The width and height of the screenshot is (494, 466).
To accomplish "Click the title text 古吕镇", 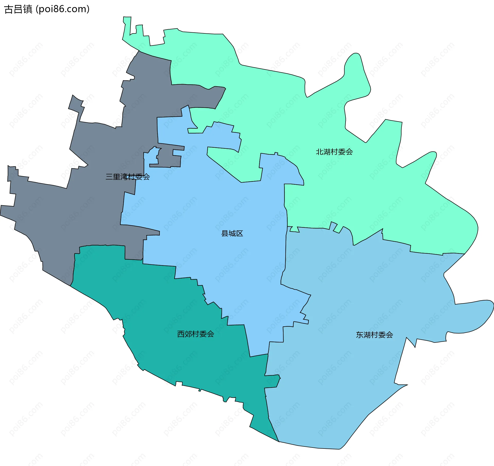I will (x=19, y=9).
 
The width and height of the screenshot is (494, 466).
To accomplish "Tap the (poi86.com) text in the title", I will (x=63, y=9).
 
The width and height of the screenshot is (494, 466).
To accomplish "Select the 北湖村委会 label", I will (x=334, y=152).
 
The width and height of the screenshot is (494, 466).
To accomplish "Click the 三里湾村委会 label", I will (x=128, y=177).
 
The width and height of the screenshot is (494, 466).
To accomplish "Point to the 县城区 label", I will (x=232, y=233).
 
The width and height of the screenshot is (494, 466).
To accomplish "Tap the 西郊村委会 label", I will (x=196, y=334).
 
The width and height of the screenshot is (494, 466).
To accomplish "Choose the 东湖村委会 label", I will (x=374, y=335).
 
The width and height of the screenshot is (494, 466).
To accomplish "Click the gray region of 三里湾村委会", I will (x=64, y=218).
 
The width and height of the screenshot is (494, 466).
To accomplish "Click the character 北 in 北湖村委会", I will (x=320, y=152).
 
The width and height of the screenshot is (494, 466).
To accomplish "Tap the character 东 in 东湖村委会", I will (x=360, y=335).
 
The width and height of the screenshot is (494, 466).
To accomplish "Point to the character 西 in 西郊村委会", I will (x=181, y=334).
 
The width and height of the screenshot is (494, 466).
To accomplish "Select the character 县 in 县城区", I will (x=225, y=233).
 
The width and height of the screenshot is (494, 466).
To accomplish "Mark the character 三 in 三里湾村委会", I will (x=109, y=177).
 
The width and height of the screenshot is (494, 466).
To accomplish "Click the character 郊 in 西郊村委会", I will (x=188, y=334).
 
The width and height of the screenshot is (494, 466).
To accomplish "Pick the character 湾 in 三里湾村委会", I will (x=124, y=177).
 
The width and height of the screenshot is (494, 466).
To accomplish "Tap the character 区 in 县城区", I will (x=240, y=233).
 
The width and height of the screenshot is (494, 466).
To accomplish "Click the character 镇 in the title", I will (x=28, y=9).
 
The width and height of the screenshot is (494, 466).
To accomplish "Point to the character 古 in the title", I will (x=9, y=9).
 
